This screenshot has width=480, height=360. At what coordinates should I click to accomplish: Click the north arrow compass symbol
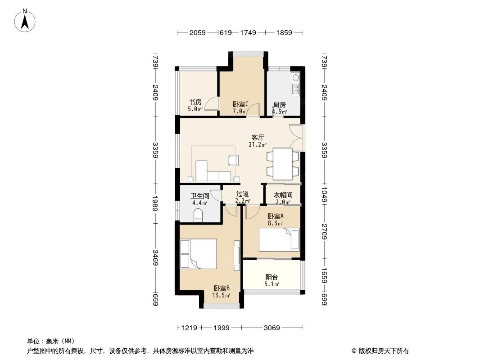point(25,21)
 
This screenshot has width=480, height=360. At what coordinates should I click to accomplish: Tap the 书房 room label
point(195,102)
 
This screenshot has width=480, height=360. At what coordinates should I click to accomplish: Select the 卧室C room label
point(240,104)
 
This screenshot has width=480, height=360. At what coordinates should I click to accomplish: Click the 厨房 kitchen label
point(280,105)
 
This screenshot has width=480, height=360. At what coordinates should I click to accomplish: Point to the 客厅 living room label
point(258,138)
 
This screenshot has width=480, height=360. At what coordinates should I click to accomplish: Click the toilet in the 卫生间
point(199,215)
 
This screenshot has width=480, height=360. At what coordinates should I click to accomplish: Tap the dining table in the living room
point(282,164)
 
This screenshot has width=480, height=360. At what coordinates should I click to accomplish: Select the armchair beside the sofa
point(233,160)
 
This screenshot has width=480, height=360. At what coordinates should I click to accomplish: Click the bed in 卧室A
point(279,240)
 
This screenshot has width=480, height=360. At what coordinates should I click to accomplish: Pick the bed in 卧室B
point(199,254)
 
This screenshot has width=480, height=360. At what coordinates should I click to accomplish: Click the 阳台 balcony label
point(272,277)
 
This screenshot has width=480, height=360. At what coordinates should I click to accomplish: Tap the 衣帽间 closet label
point(283,195)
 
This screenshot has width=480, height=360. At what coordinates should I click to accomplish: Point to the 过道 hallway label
point(242,194)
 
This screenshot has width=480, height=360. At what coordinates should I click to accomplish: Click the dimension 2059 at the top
point(198,32)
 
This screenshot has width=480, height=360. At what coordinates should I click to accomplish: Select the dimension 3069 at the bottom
point(272,328)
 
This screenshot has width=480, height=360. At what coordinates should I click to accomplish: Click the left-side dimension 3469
point(155,257)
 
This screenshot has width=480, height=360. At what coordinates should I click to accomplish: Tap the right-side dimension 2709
point(325,232)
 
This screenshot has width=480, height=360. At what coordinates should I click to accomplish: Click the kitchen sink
point(296,78)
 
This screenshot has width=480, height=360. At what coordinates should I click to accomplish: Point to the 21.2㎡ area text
point(258,144)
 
